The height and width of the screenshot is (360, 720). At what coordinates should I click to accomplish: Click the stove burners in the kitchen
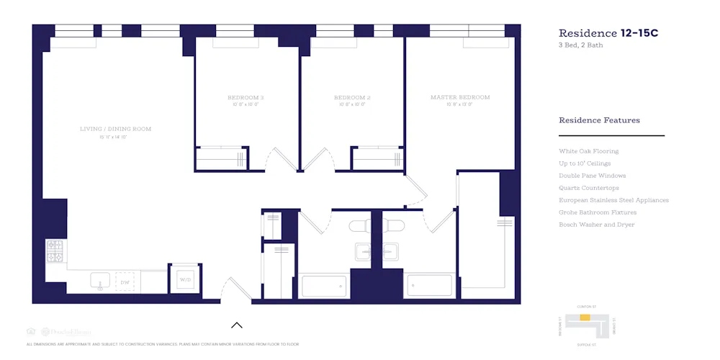pyautogui.click(x=55, y=251)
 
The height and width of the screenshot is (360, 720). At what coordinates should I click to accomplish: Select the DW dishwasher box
pyautogui.click(x=125, y=282)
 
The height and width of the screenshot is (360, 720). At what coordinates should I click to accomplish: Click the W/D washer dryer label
pyautogui.click(x=185, y=279)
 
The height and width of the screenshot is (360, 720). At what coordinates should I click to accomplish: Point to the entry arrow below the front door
pyautogui.click(x=236, y=325)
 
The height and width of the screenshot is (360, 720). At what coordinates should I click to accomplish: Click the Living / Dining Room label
pyautogui.click(x=115, y=129)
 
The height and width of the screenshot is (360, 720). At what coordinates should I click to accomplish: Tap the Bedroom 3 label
pyautogui.click(x=246, y=97)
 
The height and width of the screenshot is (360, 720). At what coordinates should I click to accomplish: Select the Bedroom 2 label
pyautogui.click(x=352, y=97)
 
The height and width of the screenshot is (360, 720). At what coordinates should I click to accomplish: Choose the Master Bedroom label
pyautogui.click(x=460, y=97)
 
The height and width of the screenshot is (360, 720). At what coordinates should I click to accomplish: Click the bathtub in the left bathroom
pyautogui.click(x=324, y=286)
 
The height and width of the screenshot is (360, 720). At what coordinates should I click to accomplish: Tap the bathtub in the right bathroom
pyautogui.click(x=430, y=286)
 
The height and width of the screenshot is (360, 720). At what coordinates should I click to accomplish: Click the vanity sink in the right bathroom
pyautogui.click(x=391, y=252)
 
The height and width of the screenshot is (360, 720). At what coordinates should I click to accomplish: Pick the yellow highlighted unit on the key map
pyautogui.click(x=585, y=318)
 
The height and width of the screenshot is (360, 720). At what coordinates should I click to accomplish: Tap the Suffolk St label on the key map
pyautogui.click(x=588, y=345)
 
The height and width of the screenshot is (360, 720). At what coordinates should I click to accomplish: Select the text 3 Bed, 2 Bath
pyautogui.click(x=581, y=45)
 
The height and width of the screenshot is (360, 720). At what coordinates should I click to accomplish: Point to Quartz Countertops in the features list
pyautogui.click(x=588, y=188)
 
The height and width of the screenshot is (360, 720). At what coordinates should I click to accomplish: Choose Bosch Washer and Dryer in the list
pyautogui.click(x=596, y=225)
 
